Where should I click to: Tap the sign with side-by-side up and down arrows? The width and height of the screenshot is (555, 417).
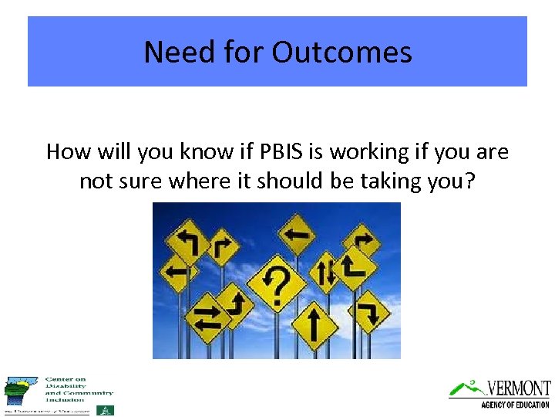325,271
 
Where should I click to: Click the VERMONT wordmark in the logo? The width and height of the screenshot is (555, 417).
518,388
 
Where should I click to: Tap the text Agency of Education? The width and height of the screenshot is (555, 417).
514,405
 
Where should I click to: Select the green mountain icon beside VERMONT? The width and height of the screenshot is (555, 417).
466,388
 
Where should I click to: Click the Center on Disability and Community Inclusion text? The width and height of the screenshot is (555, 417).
79,389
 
